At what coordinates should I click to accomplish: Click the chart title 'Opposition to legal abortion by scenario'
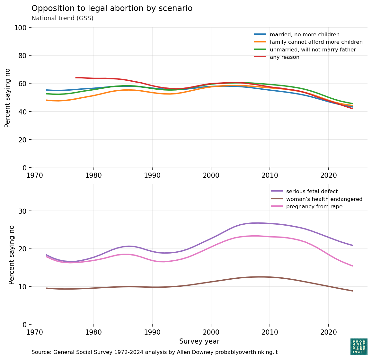[x=112, y=8]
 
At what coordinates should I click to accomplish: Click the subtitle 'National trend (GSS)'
[x=62, y=18]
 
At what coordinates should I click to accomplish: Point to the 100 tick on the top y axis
[x=21, y=28]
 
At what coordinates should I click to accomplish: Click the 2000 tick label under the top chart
[x=211, y=175]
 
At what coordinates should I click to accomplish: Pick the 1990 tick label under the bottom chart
[x=152, y=332]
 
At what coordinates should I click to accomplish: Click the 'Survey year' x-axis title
[x=199, y=341]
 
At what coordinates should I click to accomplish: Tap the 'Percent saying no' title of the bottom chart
[x=12, y=255]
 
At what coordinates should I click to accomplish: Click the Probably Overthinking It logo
[x=359, y=346]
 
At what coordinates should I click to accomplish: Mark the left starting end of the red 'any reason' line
[x=76, y=77]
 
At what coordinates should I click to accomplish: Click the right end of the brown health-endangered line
[x=352, y=291]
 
